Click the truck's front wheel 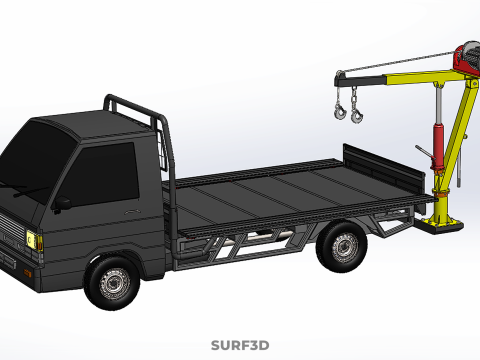112,283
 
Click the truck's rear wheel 342,246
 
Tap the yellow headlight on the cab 32,239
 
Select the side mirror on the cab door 61,204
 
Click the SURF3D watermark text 240,345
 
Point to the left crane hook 340,111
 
